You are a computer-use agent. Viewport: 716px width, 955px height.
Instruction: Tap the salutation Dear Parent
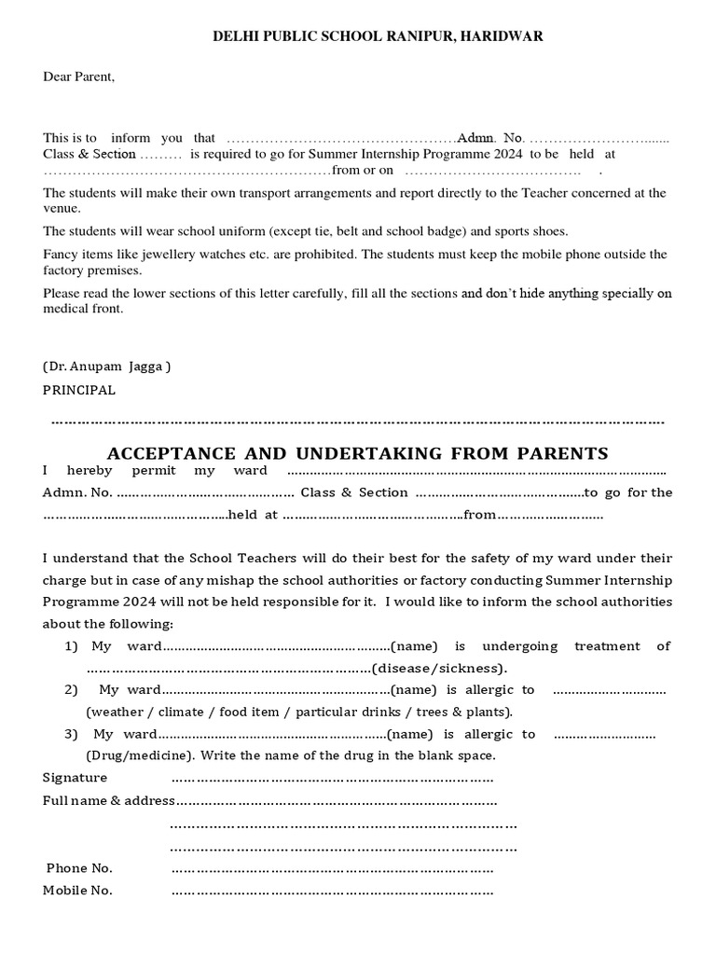(x=78, y=76)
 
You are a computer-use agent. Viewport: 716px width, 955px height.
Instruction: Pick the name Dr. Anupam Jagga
(x=107, y=367)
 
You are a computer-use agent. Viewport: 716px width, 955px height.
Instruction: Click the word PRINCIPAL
(x=79, y=390)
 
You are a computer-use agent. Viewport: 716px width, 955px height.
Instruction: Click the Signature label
(x=75, y=777)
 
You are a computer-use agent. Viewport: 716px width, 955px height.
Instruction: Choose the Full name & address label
(x=108, y=800)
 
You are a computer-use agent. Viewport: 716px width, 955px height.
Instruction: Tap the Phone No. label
(x=79, y=868)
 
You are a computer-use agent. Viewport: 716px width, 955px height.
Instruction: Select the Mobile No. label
(x=77, y=891)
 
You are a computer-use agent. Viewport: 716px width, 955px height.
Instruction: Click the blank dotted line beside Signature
(x=332, y=778)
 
